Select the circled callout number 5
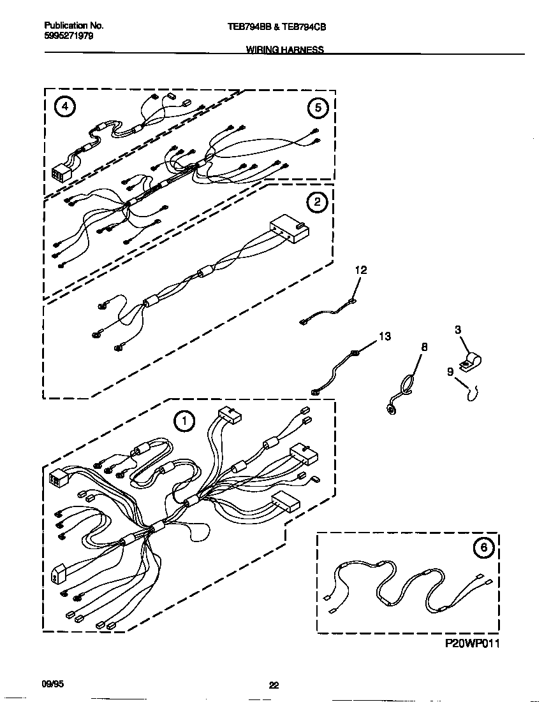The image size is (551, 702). tap(317, 108)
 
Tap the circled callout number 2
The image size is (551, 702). tap(316, 203)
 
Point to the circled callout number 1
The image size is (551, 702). tap(184, 420)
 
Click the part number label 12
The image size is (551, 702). tap(361, 270)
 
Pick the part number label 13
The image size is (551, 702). tap(385, 336)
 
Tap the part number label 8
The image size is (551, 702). tap(424, 347)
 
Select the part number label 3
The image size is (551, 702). tap(458, 330)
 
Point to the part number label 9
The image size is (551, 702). tap(450, 371)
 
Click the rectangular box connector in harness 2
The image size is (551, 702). tap(289, 231)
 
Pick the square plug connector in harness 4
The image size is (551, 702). tap(61, 174)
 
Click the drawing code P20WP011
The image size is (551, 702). tap(472, 644)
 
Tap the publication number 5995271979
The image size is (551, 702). tap(69, 36)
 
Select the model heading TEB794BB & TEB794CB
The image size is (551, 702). tap(283, 27)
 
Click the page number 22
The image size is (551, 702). tap(274, 685)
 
